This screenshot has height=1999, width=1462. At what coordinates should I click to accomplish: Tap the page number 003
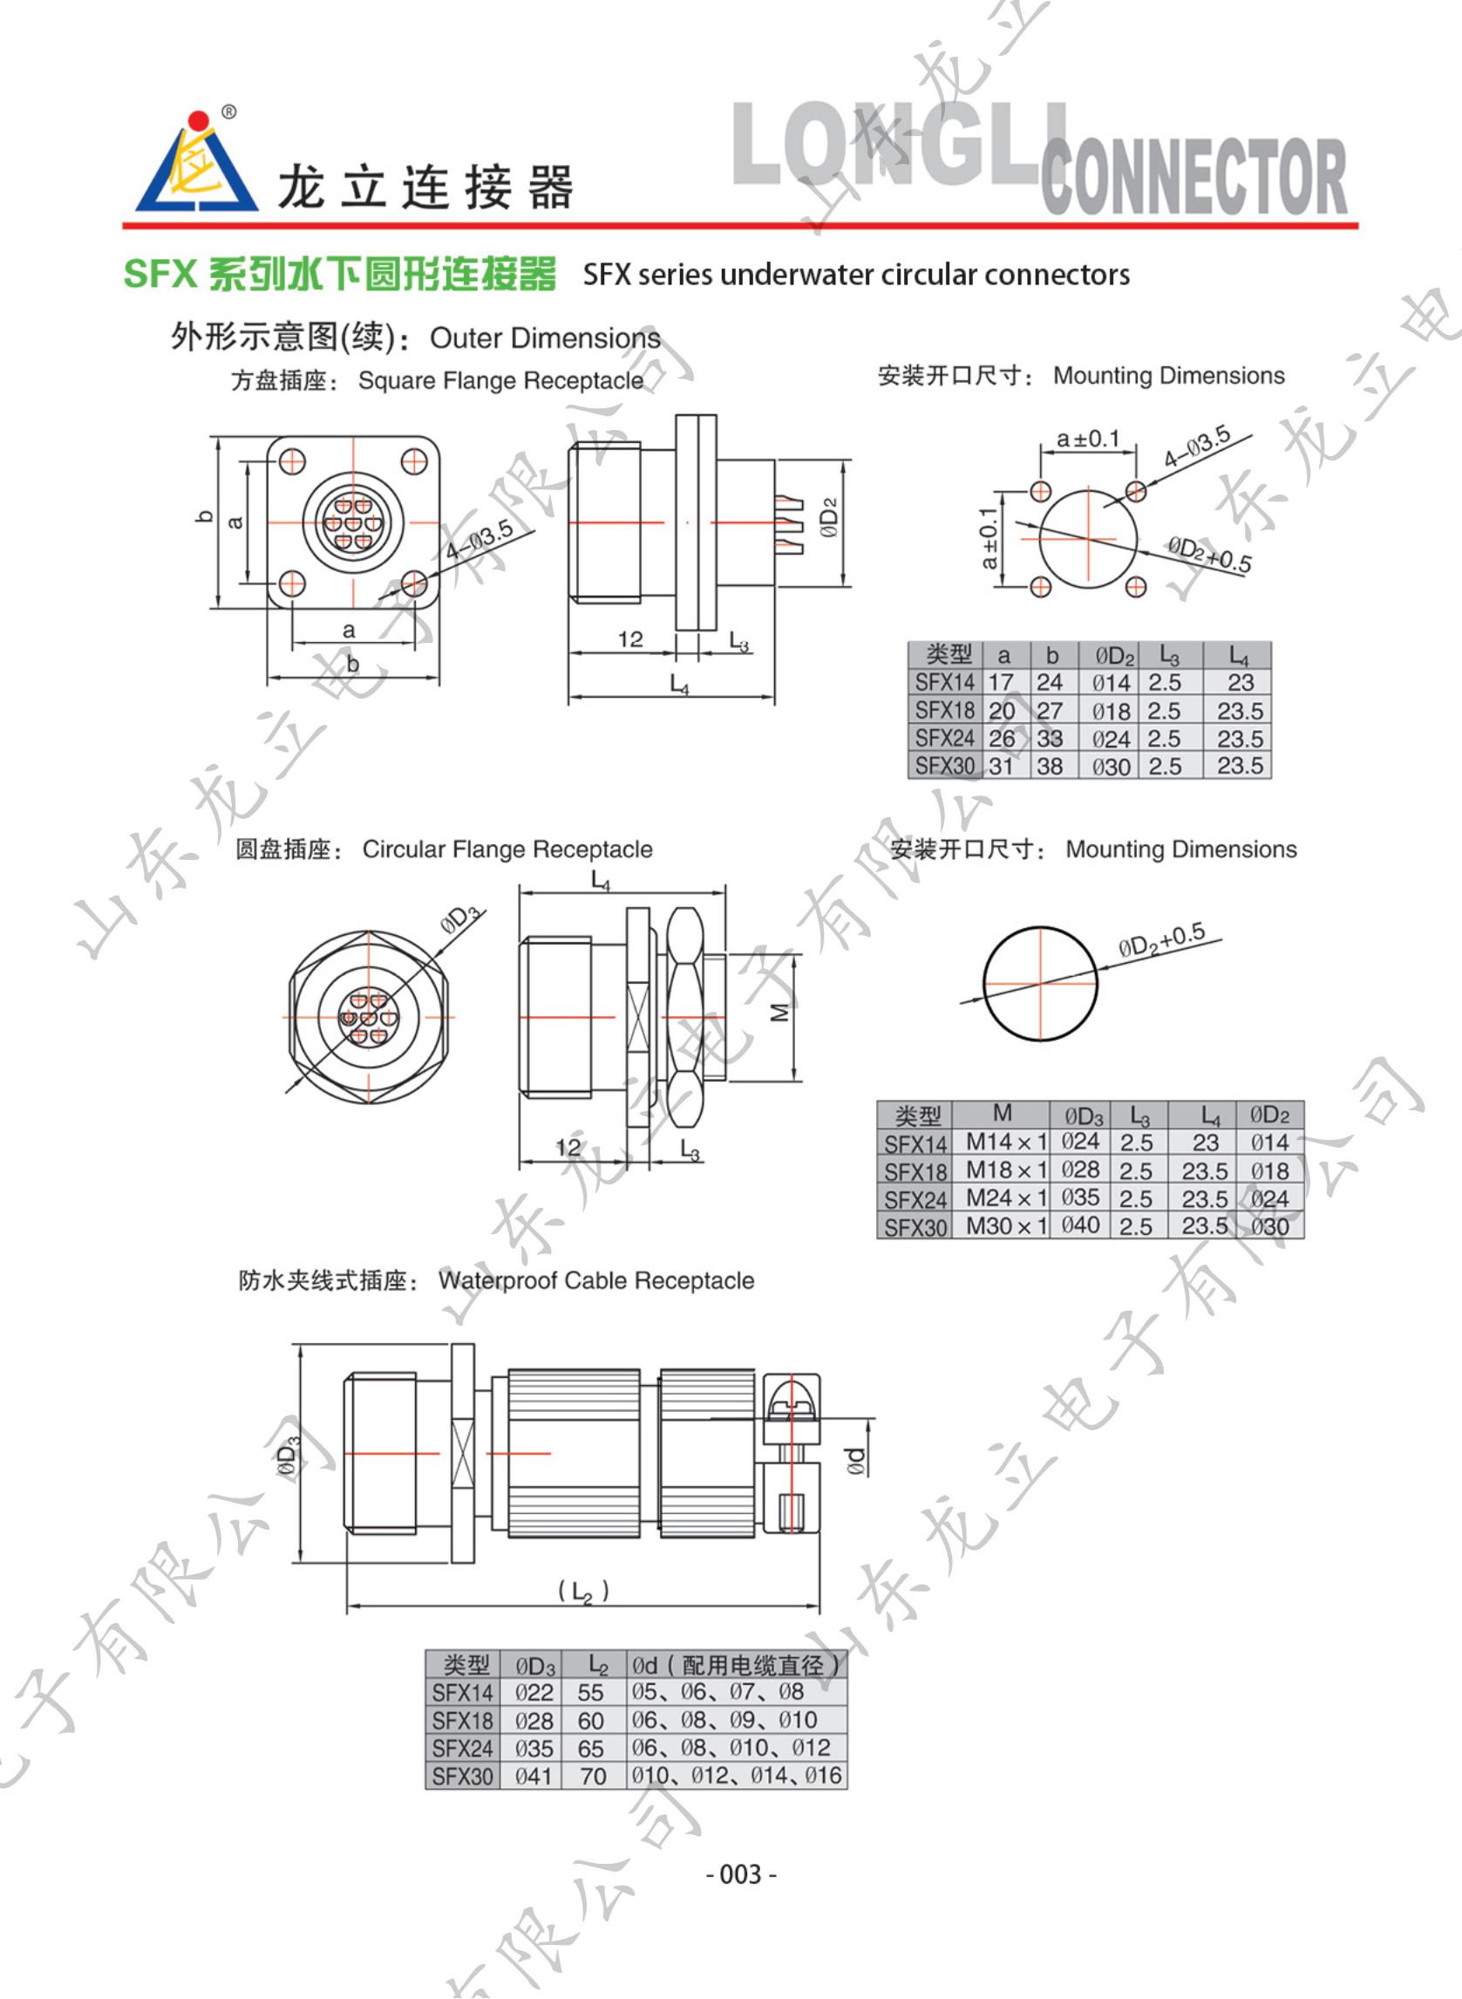(742, 1873)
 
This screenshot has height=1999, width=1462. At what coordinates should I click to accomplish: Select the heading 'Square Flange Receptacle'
(500, 380)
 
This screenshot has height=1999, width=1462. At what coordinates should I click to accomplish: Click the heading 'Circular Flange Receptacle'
(507, 849)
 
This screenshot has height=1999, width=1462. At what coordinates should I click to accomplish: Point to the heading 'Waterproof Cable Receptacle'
(596, 1280)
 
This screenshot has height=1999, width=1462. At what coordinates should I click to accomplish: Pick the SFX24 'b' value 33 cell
(1050, 739)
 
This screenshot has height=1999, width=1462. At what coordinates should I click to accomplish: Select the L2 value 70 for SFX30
(593, 1776)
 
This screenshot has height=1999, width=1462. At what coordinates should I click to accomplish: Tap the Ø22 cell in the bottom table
(534, 1693)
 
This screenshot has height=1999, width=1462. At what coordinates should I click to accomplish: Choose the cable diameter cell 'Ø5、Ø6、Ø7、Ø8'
(717, 1692)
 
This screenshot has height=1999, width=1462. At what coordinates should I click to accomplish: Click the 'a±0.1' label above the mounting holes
(1088, 438)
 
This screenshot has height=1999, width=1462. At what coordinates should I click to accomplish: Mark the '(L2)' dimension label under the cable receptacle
(583, 1592)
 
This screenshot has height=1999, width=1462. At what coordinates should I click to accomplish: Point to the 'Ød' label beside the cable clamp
(855, 1460)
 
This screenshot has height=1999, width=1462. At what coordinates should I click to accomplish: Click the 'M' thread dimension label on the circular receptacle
(779, 1012)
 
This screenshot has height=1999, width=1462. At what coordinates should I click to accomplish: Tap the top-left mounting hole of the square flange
(292, 461)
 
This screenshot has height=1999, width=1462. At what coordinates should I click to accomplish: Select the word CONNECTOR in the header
(1193, 177)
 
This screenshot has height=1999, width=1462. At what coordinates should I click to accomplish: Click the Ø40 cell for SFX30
(1081, 1226)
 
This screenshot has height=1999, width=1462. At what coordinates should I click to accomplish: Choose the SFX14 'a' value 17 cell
(1002, 683)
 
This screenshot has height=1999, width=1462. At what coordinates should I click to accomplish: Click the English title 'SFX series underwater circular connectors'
(856, 275)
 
